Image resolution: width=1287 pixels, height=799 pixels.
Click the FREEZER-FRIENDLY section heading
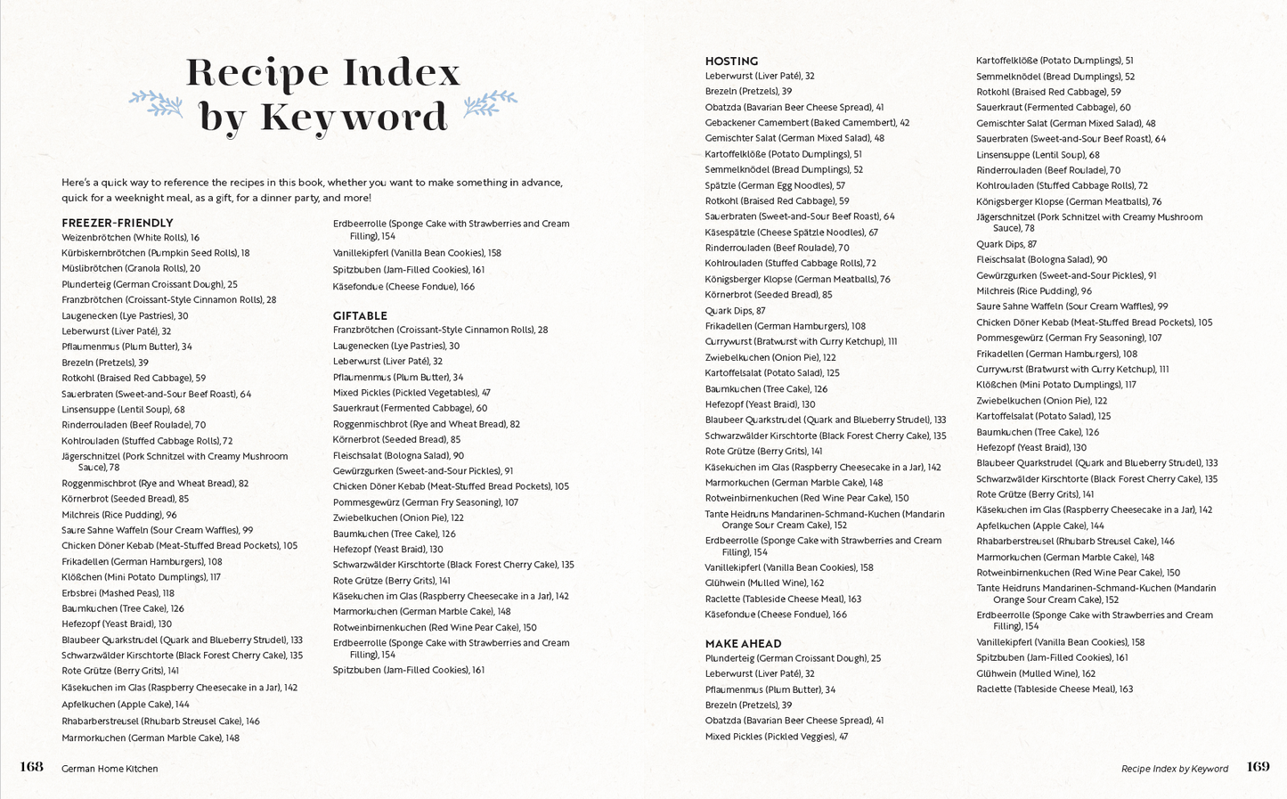pos(117,223)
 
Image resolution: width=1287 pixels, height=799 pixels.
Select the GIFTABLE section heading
pos(360,315)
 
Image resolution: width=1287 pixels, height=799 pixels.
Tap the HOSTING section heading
pos(731,61)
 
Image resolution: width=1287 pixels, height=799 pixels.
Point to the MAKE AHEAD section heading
pos(743,643)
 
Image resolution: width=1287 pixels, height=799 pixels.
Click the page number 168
pos(31,767)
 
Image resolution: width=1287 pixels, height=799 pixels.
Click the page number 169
pos(1258,767)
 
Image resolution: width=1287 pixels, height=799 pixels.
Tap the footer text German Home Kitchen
pos(110,769)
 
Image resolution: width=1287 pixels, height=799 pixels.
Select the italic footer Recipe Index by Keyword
pos(1174,769)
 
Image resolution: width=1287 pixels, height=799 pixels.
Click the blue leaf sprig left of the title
pos(156,103)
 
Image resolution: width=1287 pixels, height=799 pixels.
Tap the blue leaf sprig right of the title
pos(490,103)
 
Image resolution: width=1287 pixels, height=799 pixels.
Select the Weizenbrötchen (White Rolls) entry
pos(130,238)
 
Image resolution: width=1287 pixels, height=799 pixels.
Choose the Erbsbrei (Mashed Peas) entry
pos(118,593)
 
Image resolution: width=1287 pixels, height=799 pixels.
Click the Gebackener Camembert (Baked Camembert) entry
pos(807,123)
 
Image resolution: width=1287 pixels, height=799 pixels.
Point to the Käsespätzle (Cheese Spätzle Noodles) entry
pos(791,232)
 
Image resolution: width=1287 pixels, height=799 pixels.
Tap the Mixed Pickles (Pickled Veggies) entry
pos(776,737)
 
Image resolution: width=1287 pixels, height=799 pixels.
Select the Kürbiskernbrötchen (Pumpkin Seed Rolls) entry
pos(155,253)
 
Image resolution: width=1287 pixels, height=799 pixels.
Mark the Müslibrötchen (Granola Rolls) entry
pos(130,268)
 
